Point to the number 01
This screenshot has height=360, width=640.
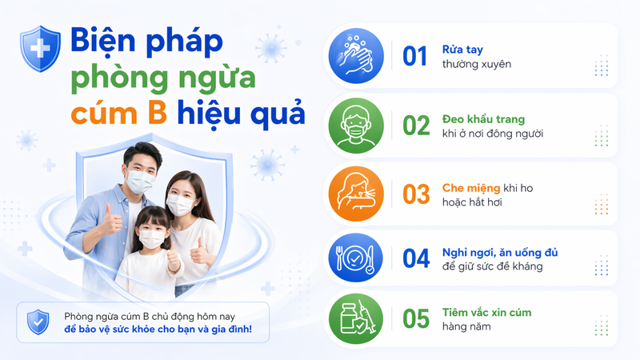pos(416,56)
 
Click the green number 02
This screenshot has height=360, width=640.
pos(416,126)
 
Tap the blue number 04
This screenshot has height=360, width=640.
pos(416,258)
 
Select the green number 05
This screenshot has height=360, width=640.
pos(416,319)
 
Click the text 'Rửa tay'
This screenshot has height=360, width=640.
pos(462,49)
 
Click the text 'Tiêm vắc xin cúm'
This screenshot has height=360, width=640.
pos(486,312)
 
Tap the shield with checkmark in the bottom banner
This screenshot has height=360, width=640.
pos(38,321)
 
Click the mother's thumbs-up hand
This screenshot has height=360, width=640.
pos(198,255)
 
